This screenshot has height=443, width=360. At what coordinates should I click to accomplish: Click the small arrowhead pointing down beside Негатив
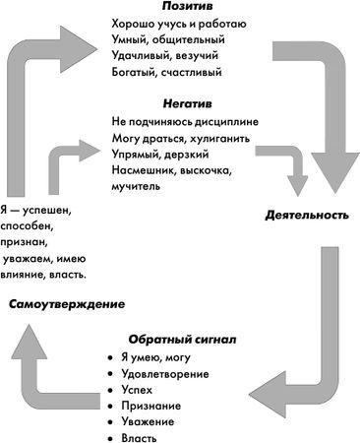tap(296, 187)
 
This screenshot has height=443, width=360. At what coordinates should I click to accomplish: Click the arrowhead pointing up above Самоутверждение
tap(30, 341)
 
